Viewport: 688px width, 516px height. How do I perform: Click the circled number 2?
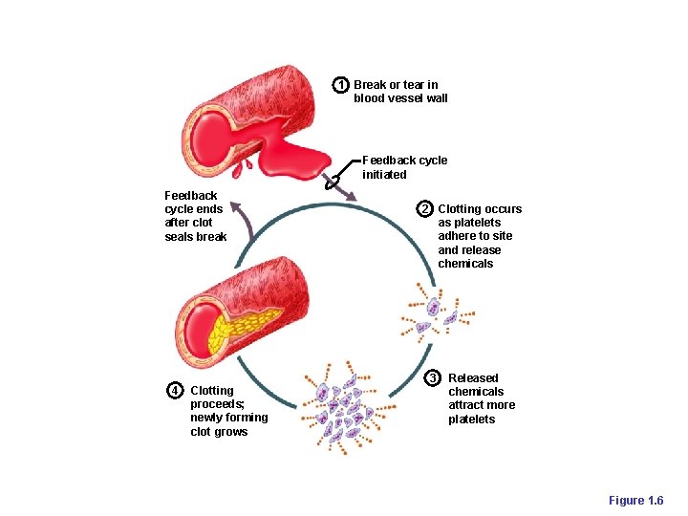tap(425, 209)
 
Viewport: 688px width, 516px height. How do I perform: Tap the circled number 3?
tap(433, 378)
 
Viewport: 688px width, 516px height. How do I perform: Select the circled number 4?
tap(175, 390)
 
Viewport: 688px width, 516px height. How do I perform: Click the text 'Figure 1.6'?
tap(635, 501)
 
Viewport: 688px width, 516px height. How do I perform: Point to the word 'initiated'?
tap(384, 175)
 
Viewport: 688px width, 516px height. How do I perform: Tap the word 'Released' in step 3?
tap(473, 378)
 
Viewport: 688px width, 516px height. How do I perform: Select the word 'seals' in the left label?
tap(180, 237)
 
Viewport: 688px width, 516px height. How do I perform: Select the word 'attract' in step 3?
tap(467, 405)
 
